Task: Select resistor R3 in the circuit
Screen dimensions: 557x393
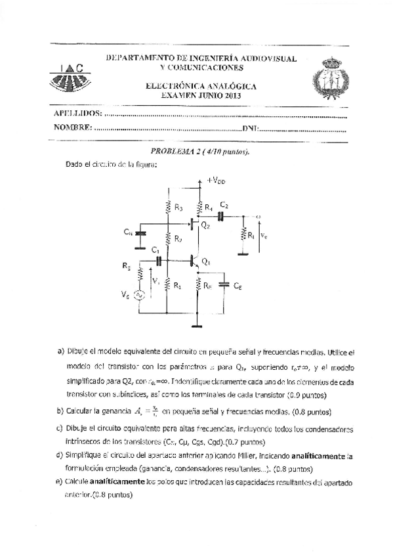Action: click(169, 206)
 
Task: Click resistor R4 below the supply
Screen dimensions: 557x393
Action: click(199, 206)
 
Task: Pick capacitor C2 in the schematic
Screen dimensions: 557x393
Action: click(222, 216)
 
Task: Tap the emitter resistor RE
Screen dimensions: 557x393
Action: click(199, 284)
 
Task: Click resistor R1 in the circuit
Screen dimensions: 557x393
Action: click(167, 284)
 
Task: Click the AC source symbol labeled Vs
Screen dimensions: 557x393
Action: click(140, 296)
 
